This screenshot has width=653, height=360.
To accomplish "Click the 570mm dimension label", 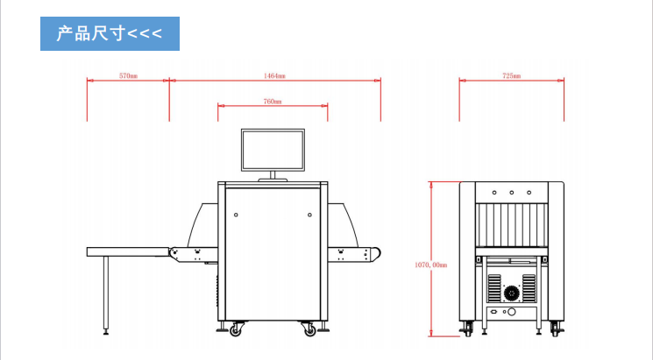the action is click(x=128, y=75).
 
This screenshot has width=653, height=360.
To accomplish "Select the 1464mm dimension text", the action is click(x=274, y=75).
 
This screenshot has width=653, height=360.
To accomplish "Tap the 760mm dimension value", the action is click(x=273, y=101).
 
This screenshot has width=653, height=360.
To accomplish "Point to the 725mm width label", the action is click(x=511, y=75).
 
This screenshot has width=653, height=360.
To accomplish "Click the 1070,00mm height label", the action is click(x=430, y=265).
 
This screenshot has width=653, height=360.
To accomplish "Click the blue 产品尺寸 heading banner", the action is click(x=110, y=33).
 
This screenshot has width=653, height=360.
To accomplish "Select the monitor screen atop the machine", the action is click(x=273, y=150).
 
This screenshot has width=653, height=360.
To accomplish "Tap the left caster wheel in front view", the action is click(x=236, y=329).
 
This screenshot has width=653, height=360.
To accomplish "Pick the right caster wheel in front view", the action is click(x=309, y=329).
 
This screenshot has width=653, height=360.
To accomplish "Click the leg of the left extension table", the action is click(x=106, y=294).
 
